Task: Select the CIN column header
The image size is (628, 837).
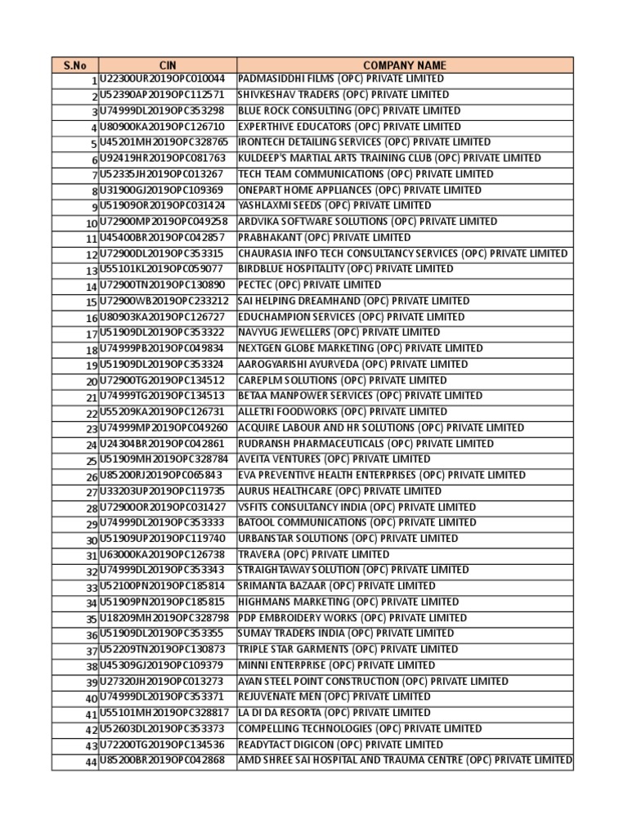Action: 167,65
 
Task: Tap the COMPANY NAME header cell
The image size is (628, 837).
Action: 405,65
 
